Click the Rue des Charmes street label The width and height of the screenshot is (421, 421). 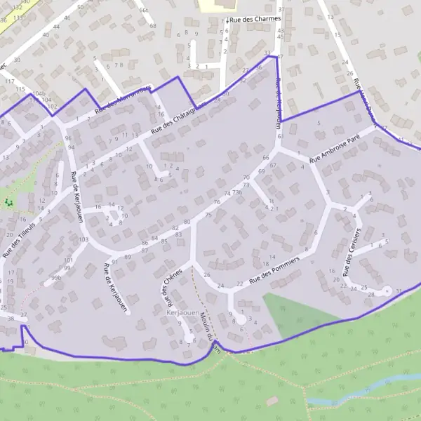coord(255,19)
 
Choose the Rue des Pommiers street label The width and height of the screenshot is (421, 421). coord(274,269)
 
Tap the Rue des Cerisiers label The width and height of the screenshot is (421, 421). coord(352,250)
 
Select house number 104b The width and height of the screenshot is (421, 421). coord(39,93)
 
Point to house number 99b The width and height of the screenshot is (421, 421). coord(56,279)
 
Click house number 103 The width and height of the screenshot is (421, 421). coord(83,240)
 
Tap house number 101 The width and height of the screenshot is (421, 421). coord(68,260)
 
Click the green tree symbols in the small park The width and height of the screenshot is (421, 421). coord(8,202)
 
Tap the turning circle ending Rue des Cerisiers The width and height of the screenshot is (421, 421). coord(385,290)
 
